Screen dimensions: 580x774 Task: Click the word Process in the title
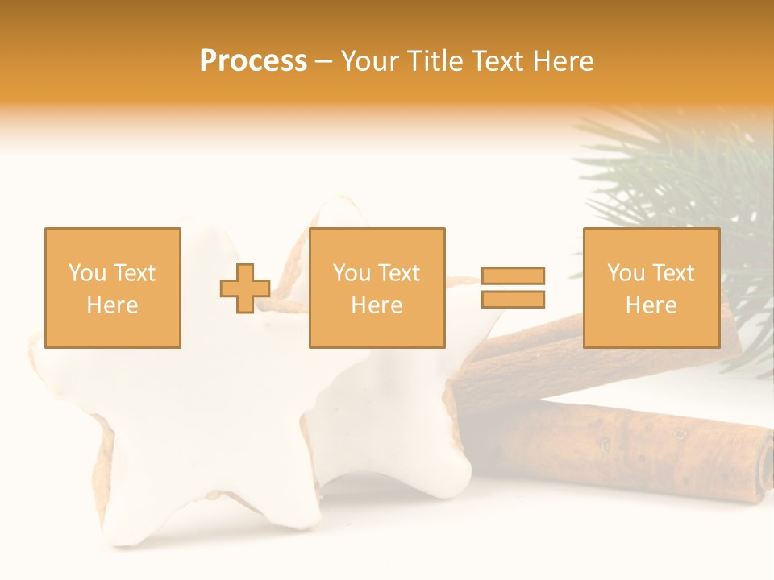pos(253,60)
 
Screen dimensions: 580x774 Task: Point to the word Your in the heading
pos(370,60)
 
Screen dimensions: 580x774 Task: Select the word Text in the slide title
pos(501,60)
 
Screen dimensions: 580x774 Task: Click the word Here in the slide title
pos(566,60)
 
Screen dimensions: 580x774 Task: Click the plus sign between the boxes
pos(245,288)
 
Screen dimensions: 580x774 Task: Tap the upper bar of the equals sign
pos(513,275)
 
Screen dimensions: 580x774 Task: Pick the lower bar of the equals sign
pos(513,300)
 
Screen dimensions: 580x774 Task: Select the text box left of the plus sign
pos(112,288)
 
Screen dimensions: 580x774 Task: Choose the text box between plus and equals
pos(377,288)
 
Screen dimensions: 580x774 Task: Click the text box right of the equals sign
pos(651,288)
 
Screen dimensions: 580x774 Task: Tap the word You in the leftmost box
pos(87,273)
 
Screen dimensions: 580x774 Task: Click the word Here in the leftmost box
pos(112,305)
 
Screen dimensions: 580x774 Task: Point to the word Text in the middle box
pos(399,273)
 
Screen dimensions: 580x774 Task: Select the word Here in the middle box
pos(377,305)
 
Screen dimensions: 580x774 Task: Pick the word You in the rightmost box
pos(626,273)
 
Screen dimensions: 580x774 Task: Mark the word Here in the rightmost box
pos(651,305)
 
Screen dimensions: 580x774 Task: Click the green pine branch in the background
pos(685,177)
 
